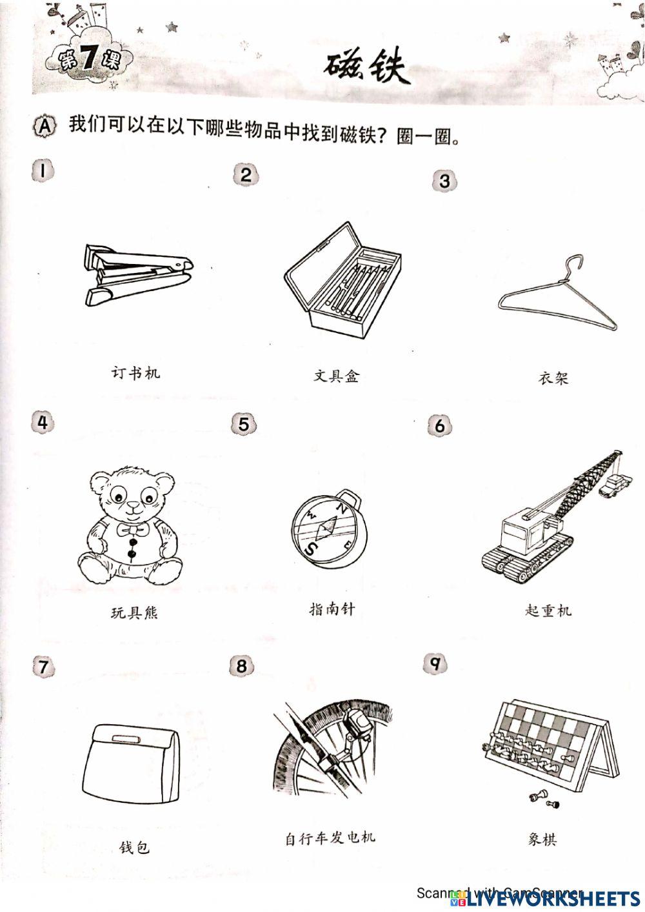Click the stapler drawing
(137, 274)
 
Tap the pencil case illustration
(342, 278)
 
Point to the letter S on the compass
(312, 549)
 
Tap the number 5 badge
(243, 424)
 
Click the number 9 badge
(435, 664)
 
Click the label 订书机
(135, 372)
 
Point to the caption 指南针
(332, 609)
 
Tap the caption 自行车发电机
(330, 838)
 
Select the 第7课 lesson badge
(87, 60)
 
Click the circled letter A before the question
(45, 126)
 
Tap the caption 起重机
(548, 610)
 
